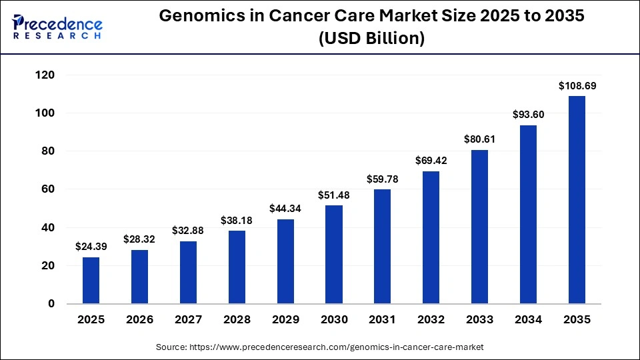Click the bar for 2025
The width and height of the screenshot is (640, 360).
tap(91, 280)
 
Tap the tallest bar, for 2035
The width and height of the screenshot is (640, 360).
tap(576, 200)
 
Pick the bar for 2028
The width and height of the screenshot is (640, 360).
tap(237, 267)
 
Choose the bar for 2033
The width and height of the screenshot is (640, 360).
tap(479, 227)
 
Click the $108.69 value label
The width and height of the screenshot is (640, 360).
tap(576, 85)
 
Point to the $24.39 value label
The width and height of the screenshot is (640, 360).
tap(91, 247)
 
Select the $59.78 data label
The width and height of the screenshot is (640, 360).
tap(382, 179)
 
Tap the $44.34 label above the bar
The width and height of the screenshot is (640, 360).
tap(285, 208)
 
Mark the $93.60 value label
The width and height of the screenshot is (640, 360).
tap(528, 114)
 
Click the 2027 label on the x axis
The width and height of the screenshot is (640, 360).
tap(188, 319)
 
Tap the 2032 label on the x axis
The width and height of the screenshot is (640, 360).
tap(431, 319)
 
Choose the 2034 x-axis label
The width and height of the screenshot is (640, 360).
tap(528, 319)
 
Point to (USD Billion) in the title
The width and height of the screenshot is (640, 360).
tap(371, 39)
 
